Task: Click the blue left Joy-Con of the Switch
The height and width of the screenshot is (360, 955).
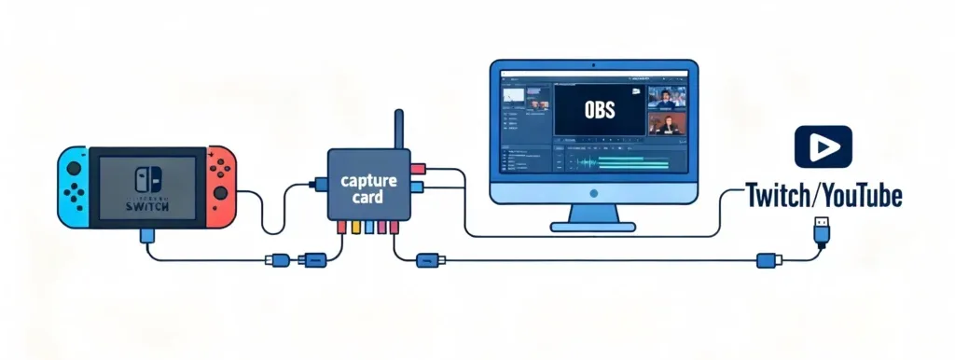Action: tap(72, 186)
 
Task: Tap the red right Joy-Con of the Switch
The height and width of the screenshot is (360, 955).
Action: tap(222, 186)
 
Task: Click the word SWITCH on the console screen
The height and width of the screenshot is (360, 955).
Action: tap(146, 206)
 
